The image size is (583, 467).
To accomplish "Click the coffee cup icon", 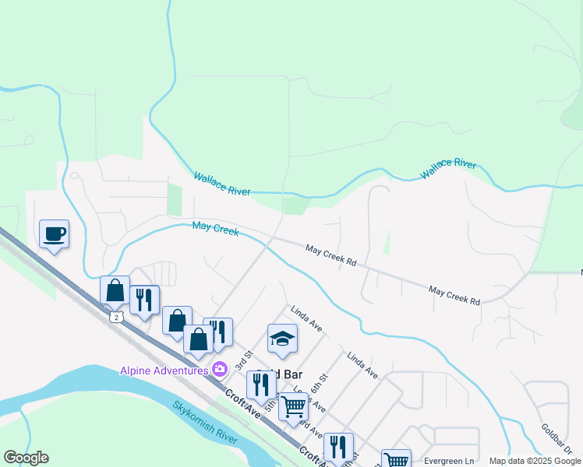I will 54,233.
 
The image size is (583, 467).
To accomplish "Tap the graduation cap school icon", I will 282,338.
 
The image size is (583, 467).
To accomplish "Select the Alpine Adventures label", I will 163,370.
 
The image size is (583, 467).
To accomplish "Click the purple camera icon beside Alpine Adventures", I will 220,369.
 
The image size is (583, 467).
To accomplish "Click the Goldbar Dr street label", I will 556,440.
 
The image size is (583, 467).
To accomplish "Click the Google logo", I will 26,458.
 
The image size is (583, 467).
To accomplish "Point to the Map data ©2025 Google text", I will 535,461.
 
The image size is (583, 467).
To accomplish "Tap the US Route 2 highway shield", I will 116,318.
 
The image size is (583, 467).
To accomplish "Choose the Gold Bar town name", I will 285,374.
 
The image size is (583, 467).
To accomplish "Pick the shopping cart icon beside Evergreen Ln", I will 396,459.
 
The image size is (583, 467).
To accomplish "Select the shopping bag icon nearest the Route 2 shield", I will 115,290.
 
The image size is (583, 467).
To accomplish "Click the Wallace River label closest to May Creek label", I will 222,184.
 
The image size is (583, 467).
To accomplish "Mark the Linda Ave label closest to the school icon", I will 306,318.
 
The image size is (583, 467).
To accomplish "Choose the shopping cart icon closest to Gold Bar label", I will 292,406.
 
